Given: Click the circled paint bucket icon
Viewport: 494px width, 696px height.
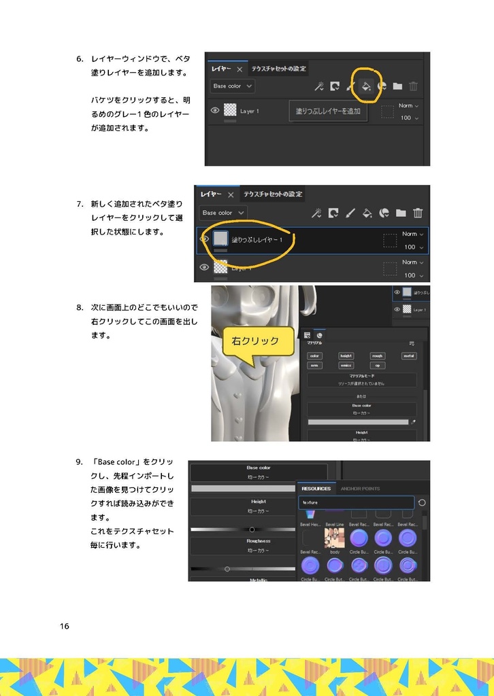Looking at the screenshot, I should coord(366,86).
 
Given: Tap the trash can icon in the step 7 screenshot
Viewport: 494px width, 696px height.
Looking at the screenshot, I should coord(418,213).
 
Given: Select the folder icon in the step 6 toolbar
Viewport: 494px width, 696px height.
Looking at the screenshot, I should coord(397,86).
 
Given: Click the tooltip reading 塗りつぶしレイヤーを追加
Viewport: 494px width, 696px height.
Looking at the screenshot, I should coord(328,111).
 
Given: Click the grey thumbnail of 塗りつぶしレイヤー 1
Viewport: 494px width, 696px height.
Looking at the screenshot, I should coord(220,238).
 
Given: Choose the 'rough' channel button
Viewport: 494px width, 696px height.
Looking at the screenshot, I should coord(378,355).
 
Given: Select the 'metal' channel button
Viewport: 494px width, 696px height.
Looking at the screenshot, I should coord(409,355).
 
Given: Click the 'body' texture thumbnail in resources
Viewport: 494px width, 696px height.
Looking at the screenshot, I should coord(334,538).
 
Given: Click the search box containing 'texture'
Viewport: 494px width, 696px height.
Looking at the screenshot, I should coord(356,502).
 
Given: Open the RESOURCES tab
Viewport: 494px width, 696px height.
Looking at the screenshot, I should coord(316,489).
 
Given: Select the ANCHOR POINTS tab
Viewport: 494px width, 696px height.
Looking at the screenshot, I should coord(360,489).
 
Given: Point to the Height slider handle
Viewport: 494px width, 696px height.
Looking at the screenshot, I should coord(252,529).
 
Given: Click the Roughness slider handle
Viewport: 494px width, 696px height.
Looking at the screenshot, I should coord(227,568).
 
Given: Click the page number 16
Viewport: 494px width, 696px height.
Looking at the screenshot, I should coord(64,626).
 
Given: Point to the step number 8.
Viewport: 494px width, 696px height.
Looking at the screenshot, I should coord(79,307).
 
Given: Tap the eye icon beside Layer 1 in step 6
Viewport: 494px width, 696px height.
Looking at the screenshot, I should coord(215,110).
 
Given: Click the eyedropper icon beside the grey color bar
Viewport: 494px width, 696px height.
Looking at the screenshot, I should coord(413,422).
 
